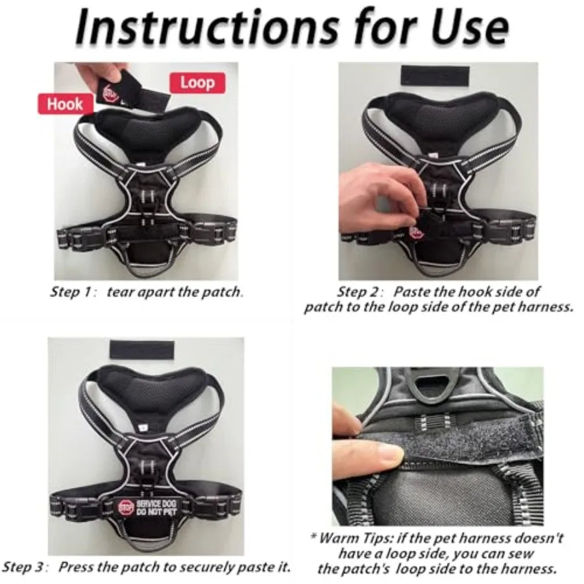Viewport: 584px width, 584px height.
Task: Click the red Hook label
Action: (64, 104)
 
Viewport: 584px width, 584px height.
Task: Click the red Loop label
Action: (197, 82)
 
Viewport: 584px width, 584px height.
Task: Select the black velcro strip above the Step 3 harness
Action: (141, 350)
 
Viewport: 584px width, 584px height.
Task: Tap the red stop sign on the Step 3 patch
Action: (125, 505)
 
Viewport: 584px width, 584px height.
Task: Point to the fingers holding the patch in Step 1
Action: (97, 71)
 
